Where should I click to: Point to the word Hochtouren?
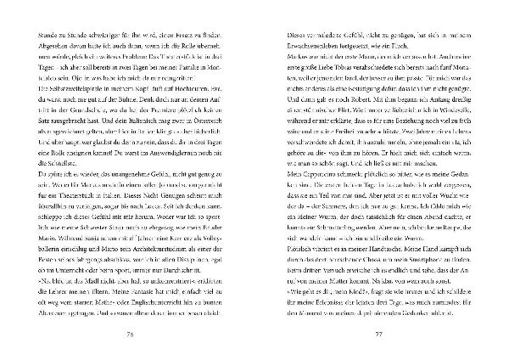[209, 111]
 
